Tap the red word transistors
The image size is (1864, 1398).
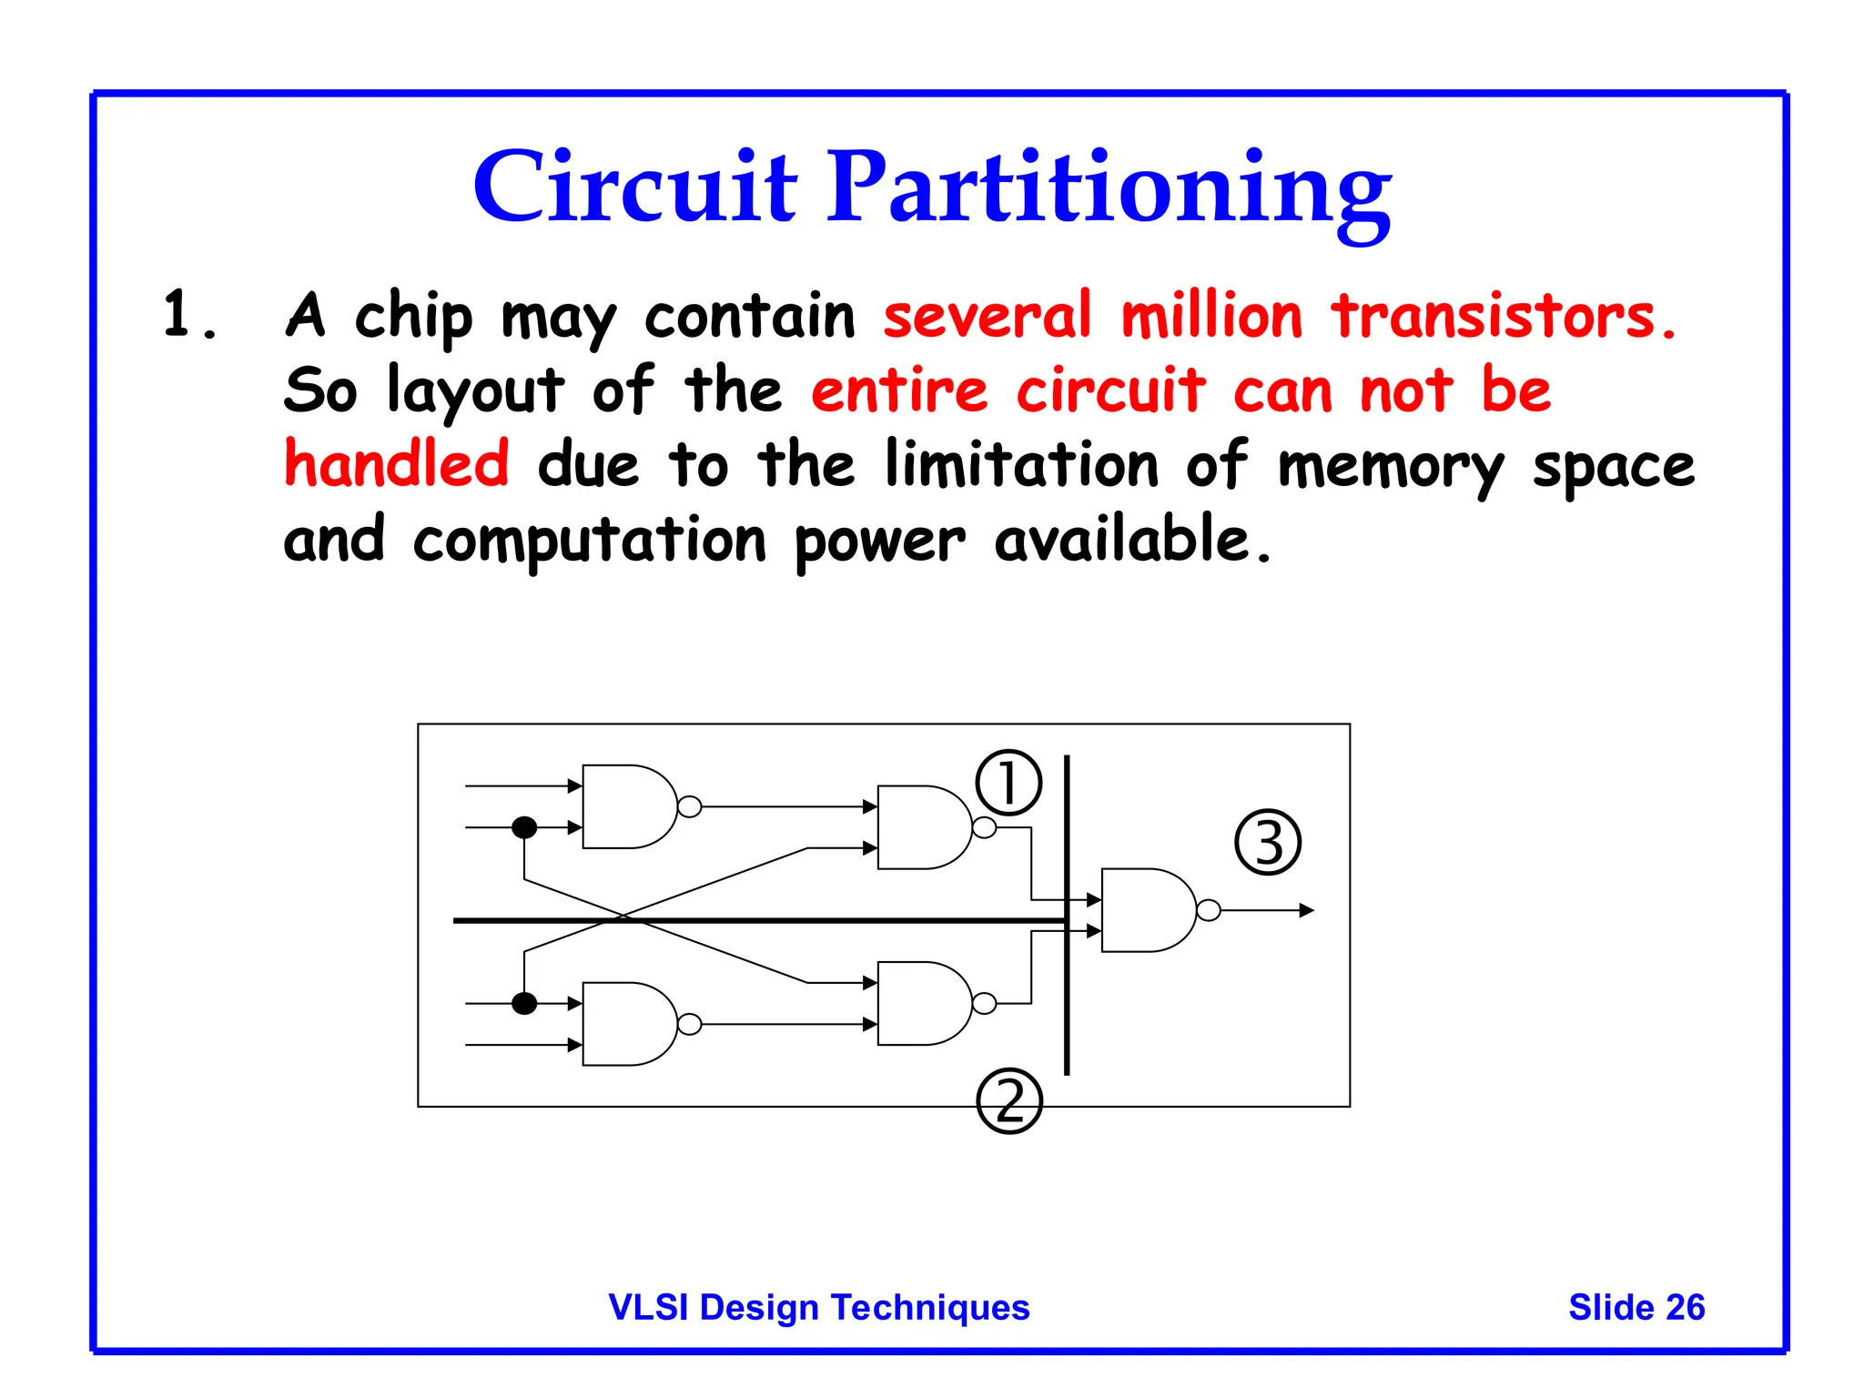point(1503,317)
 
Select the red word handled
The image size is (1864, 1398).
point(396,463)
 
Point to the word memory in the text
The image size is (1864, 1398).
point(1391,467)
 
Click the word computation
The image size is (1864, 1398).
point(590,541)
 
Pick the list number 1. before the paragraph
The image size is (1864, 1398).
point(189,315)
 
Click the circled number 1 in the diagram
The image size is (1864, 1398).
point(1008,783)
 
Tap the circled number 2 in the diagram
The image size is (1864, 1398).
point(1008,1100)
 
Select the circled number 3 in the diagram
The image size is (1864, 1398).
point(1268,842)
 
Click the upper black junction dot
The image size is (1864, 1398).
point(524,827)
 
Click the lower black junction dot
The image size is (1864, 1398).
point(524,1004)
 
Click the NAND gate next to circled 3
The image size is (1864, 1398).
point(1145,910)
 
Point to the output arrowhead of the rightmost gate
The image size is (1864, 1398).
point(1307,910)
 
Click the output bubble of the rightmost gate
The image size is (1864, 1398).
point(1209,910)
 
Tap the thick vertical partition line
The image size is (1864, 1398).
point(1067,1001)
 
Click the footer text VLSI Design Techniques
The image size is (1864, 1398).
point(818,1307)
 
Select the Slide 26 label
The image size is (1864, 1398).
point(1636,1307)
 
